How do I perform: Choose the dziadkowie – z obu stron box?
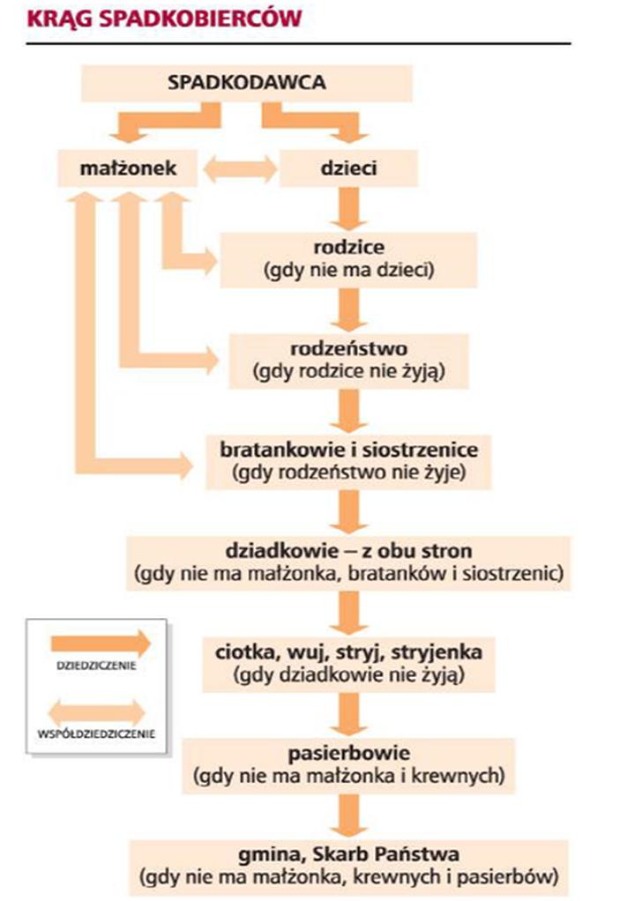click(348, 562)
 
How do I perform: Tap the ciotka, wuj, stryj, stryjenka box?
click(348, 663)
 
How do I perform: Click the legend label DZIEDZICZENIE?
click(88, 666)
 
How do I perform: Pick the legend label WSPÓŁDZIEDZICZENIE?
click(88, 732)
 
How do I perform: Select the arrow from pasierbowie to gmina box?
click(350, 815)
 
